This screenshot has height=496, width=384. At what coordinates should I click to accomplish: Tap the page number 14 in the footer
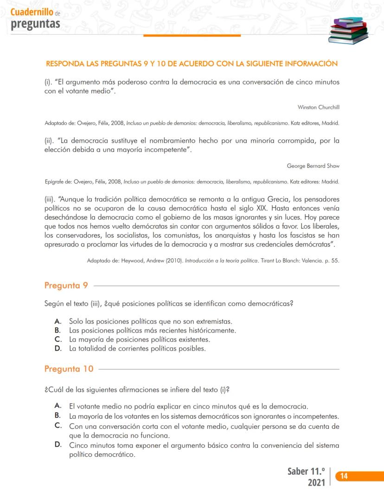(x=345, y=476)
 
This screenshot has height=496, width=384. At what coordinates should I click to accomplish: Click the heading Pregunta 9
(x=66, y=285)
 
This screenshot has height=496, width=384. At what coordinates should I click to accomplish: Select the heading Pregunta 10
(x=69, y=369)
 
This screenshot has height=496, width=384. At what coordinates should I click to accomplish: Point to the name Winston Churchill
(x=319, y=107)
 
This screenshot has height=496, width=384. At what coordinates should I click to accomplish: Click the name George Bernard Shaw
(x=313, y=165)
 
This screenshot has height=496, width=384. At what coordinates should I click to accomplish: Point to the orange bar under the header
(x=192, y=35)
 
